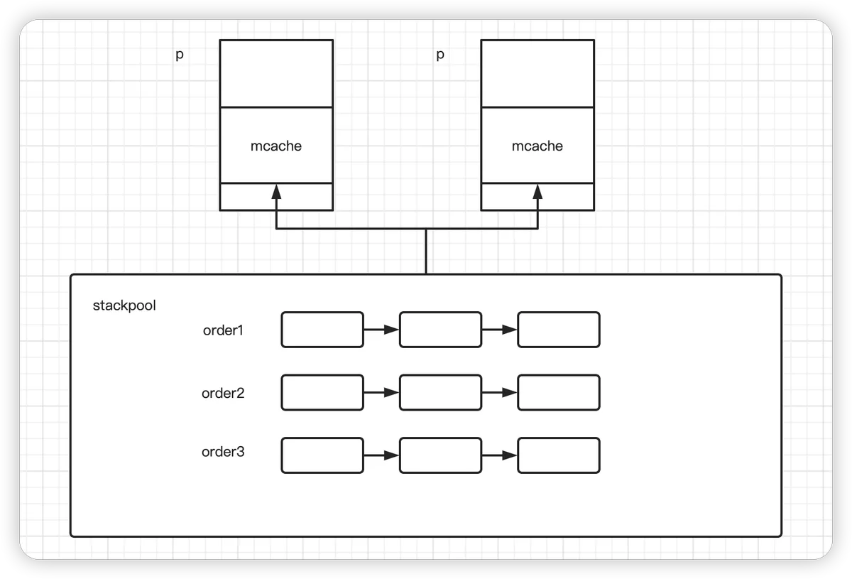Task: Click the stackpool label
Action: (x=124, y=305)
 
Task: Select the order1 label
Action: (x=223, y=330)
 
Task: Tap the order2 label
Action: (x=223, y=394)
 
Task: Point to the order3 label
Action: (x=223, y=452)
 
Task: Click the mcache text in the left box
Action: (x=276, y=146)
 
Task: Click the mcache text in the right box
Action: (x=537, y=146)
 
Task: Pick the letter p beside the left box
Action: (x=180, y=55)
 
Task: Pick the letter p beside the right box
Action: (x=440, y=55)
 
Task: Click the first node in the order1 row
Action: (x=322, y=330)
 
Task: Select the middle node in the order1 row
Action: (x=440, y=330)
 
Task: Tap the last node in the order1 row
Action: (x=559, y=330)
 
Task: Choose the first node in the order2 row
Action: (x=322, y=392)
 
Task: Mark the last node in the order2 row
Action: (x=559, y=392)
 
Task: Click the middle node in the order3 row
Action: (x=440, y=455)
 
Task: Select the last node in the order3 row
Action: (x=559, y=455)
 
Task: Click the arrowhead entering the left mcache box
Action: (x=276, y=192)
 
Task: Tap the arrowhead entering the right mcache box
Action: (x=537, y=192)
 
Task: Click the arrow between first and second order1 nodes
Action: (x=381, y=330)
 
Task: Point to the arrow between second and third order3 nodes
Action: (x=500, y=455)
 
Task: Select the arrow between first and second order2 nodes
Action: (x=381, y=392)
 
